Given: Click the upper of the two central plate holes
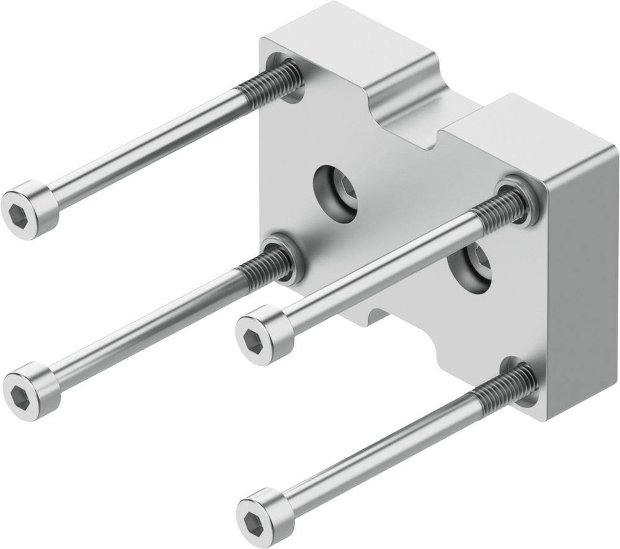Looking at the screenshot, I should point(336,193).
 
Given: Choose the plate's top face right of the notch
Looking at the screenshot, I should point(539,137).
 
